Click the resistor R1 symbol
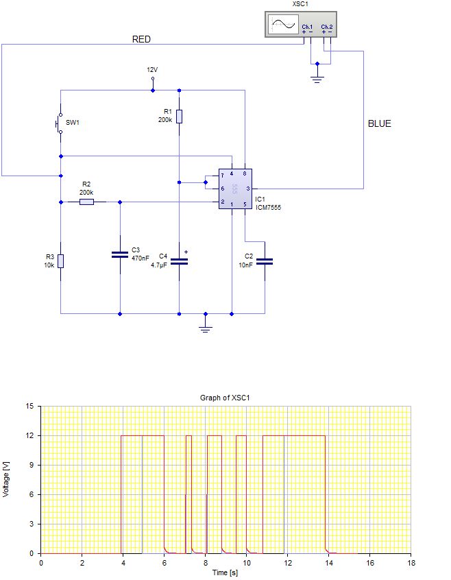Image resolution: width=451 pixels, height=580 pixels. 179,116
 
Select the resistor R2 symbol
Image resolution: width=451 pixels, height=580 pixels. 87,202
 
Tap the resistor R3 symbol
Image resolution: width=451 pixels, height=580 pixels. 60,261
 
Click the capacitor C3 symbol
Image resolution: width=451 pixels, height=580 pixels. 120,254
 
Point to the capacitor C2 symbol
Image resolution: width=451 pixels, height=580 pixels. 265,261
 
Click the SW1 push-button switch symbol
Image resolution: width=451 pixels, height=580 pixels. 60,123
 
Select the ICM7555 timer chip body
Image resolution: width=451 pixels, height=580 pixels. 234,189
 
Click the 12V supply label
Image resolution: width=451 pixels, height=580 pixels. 152,70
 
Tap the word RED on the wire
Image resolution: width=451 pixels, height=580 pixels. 141,40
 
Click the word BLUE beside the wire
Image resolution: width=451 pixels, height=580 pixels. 380,124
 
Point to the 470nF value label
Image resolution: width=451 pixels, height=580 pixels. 140,258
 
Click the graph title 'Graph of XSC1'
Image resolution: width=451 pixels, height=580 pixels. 225,398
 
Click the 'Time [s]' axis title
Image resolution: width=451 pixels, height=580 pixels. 225,572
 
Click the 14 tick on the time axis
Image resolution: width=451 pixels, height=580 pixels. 328,563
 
